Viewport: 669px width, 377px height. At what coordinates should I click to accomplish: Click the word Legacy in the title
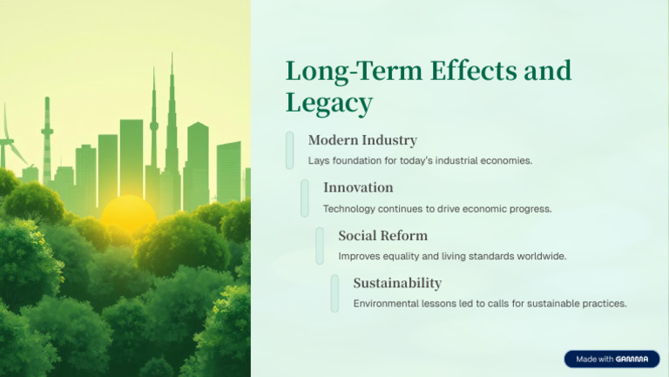(x=328, y=103)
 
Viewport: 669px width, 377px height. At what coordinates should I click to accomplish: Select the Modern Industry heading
(x=362, y=140)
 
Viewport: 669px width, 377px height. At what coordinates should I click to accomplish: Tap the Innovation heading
(x=358, y=187)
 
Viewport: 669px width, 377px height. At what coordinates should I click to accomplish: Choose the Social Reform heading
(x=382, y=235)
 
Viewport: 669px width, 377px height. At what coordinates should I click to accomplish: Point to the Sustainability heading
(x=397, y=283)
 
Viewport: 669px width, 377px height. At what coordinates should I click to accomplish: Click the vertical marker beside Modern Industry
(x=290, y=150)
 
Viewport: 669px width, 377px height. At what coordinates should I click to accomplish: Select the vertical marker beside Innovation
(x=305, y=198)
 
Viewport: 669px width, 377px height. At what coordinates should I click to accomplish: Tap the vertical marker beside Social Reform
(x=320, y=246)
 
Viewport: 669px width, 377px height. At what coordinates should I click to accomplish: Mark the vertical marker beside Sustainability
(x=334, y=293)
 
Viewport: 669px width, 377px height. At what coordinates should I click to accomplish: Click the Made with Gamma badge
(x=612, y=359)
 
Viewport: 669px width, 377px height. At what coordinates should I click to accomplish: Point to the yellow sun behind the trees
(x=129, y=212)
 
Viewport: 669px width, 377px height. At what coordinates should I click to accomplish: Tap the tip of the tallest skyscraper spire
(x=172, y=57)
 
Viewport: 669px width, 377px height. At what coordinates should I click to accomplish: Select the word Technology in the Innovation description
(x=348, y=209)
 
